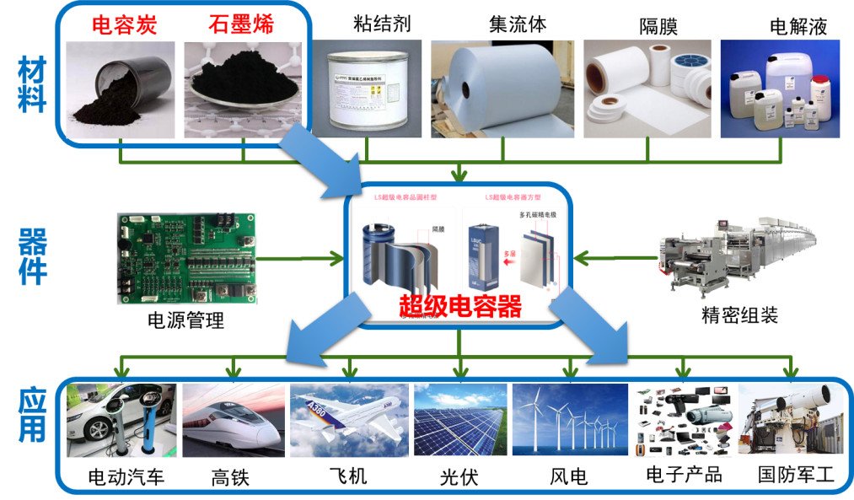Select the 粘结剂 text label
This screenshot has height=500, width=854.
pos(382,23)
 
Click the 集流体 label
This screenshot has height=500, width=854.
pos(517,24)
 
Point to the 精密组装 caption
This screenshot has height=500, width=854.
pos(739,315)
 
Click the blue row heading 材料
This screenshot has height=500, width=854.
pos(31,90)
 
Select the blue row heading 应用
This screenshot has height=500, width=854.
pos(31,415)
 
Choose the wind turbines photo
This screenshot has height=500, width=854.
pos(570,420)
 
